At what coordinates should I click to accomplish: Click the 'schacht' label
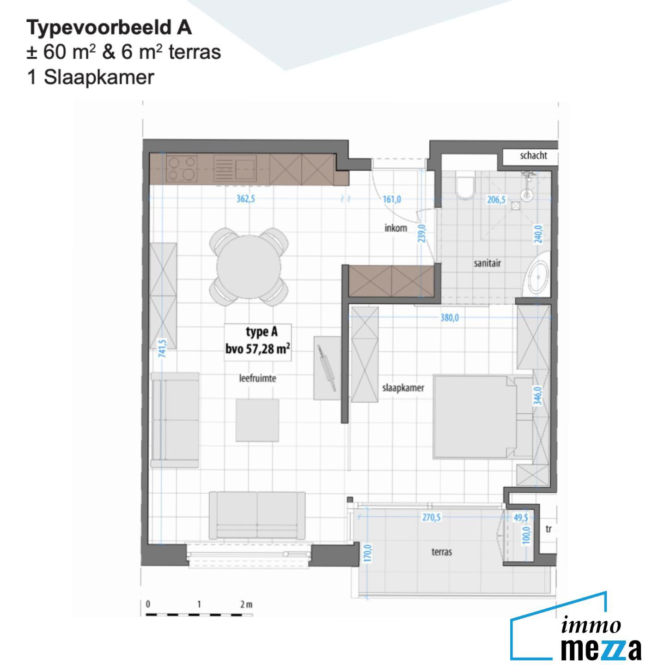click(x=533, y=156)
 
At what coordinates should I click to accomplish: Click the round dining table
click(x=249, y=266)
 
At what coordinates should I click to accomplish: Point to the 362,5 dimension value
click(x=245, y=199)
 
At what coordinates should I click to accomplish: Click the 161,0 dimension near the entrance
click(x=392, y=199)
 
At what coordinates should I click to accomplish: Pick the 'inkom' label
click(x=396, y=228)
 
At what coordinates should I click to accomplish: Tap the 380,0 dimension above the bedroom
click(x=449, y=318)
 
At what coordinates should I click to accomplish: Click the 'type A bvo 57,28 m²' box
click(x=258, y=341)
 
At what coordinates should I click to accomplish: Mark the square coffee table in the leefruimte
click(x=257, y=420)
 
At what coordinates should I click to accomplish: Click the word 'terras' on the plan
click(x=441, y=552)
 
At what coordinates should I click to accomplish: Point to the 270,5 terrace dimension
click(x=432, y=517)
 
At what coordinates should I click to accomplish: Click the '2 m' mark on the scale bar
click(x=246, y=605)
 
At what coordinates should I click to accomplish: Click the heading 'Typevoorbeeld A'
click(x=109, y=28)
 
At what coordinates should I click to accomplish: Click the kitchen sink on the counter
click(x=244, y=169)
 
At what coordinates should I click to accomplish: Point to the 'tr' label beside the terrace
click(x=548, y=529)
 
